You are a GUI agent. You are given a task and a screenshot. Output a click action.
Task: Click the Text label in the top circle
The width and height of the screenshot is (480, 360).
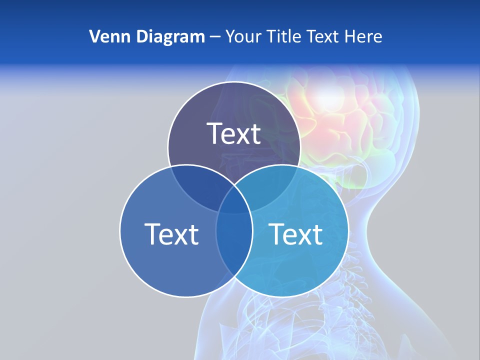(x=234, y=133)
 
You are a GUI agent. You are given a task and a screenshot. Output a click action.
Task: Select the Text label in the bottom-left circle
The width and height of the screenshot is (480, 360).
(x=171, y=234)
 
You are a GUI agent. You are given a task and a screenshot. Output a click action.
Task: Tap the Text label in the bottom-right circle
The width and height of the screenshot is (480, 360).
(x=296, y=234)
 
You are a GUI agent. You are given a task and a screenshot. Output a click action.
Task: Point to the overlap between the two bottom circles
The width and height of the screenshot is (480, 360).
(x=234, y=240)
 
